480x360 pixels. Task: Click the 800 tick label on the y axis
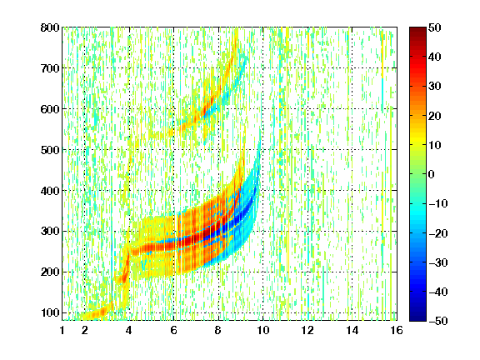[x=50, y=27]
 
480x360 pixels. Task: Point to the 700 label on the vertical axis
[x=50, y=68]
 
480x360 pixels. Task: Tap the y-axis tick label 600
[x=50, y=109]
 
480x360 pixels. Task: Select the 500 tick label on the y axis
[x=50, y=150]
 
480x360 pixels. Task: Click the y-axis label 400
[x=50, y=191]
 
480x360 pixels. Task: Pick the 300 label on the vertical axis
[x=50, y=231]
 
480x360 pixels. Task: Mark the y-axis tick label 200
[x=50, y=272]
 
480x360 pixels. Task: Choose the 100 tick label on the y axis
[x=50, y=312]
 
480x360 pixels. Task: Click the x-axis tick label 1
[x=62, y=330]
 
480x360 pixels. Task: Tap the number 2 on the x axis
[x=85, y=330]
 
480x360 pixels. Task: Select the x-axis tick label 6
[x=173, y=330]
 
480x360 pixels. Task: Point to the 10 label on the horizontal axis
[x=263, y=330]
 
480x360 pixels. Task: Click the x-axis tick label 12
[x=307, y=330]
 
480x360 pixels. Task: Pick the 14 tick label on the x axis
[x=352, y=330]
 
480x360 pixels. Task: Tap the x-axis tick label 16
[x=397, y=330]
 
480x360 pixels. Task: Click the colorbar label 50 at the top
[x=435, y=27]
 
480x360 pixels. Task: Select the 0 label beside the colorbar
[x=432, y=174]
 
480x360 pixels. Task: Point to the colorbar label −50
[x=437, y=321]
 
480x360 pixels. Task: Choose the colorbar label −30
[x=437, y=262]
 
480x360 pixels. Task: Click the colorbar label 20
[x=435, y=116]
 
